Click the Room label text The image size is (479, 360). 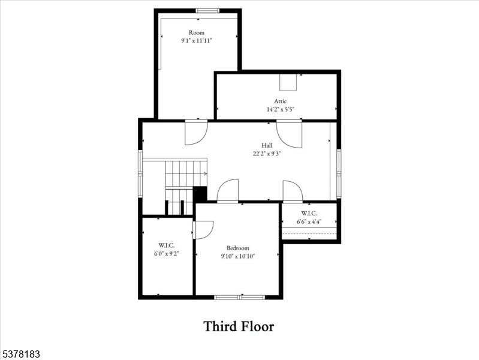coord(197,32)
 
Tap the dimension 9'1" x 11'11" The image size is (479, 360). coord(197,41)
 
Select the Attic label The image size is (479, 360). coord(281,101)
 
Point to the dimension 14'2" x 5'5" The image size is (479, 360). coord(281,110)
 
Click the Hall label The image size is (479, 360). coord(267,145)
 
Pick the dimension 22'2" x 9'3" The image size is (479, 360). coord(267,154)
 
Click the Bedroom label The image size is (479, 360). coord(237,248)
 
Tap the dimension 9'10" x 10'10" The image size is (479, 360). coord(237,256)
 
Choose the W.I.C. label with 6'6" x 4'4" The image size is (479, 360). coord(309,213)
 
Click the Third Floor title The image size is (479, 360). coord(239,326)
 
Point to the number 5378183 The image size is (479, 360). coord(20,355)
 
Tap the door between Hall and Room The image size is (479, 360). coord(195,132)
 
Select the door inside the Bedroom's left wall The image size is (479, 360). coord(203,230)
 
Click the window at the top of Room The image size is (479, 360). coord(207,10)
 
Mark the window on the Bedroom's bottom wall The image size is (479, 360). coord(240,297)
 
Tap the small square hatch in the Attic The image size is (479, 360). coord(288,82)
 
